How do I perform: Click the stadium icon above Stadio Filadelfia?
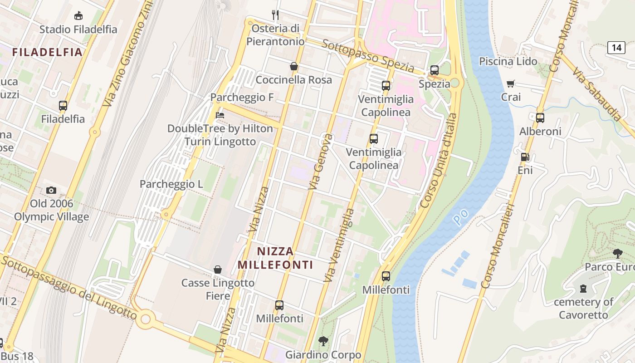[x=78, y=15]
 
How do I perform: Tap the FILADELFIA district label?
[x=47, y=52]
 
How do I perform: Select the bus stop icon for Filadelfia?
[x=63, y=106]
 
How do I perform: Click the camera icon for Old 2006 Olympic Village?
[x=51, y=190]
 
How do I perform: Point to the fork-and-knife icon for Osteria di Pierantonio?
[x=275, y=15]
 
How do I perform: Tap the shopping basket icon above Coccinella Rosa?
[x=294, y=66]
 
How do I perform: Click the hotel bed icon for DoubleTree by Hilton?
[x=220, y=115]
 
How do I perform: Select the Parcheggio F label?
[x=237, y=98]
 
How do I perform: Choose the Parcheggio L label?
[x=171, y=184]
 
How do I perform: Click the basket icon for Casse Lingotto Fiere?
[x=218, y=270]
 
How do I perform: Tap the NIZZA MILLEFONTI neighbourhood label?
[x=276, y=258]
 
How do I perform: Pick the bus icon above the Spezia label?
[x=434, y=70]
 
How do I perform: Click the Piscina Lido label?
[x=508, y=61]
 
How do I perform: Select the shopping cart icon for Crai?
[x=511, y=83]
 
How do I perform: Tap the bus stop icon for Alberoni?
[x=540, y=118]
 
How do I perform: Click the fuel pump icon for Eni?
[x=525, y=157]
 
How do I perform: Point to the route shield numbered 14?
[x=616, y=47]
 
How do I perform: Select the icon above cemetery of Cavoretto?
[x=583, y=288]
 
